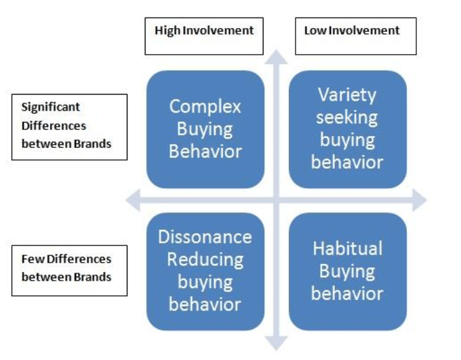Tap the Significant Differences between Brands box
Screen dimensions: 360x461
coord(69,126)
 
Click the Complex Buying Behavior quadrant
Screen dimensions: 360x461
coord(205,129)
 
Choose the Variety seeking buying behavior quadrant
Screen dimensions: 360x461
coord(347,129)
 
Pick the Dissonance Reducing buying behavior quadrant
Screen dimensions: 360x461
coord(205,271)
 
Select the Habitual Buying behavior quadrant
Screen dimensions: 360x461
coord(347,271)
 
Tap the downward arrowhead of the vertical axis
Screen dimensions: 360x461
coord(276,343)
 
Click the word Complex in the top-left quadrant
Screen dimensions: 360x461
coord(205,107)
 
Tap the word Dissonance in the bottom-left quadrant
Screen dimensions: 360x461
coord(205,237)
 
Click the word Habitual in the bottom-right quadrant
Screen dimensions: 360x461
coord(347,249)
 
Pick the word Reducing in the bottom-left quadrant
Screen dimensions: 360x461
coord(205,259)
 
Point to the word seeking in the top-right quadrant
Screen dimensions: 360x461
coord(347,118)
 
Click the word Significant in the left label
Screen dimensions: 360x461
coord(51,107)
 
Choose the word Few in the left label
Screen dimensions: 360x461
coord(30,259)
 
